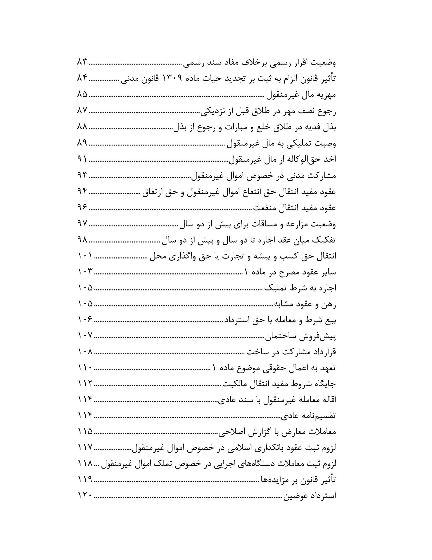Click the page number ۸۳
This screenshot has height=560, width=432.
tap(82, 63)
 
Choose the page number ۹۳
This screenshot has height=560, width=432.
tap(82, 175)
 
